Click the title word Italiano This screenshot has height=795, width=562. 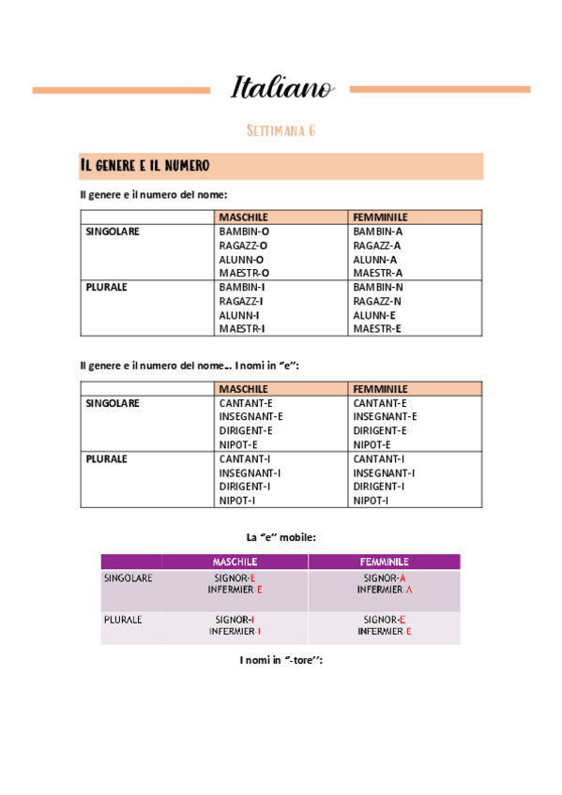281,88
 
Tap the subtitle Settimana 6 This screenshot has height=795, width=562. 281,130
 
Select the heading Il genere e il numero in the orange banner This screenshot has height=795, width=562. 144,166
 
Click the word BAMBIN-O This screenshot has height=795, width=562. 244,231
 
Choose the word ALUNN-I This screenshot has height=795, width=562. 240,315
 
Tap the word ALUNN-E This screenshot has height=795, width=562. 375,315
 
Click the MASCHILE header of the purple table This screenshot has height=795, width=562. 235,562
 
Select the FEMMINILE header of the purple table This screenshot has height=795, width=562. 384,562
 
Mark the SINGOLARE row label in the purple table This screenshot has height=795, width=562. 129,578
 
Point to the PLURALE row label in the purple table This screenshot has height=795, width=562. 123,620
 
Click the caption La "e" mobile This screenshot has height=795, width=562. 281,537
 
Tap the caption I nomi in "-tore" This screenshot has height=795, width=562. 281,660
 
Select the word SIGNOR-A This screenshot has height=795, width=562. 385,578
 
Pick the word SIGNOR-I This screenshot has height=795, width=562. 235,620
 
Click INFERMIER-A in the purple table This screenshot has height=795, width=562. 385,590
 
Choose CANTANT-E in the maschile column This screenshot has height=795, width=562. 246,403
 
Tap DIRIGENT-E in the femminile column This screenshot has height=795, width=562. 380,430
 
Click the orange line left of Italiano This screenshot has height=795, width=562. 121,90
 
